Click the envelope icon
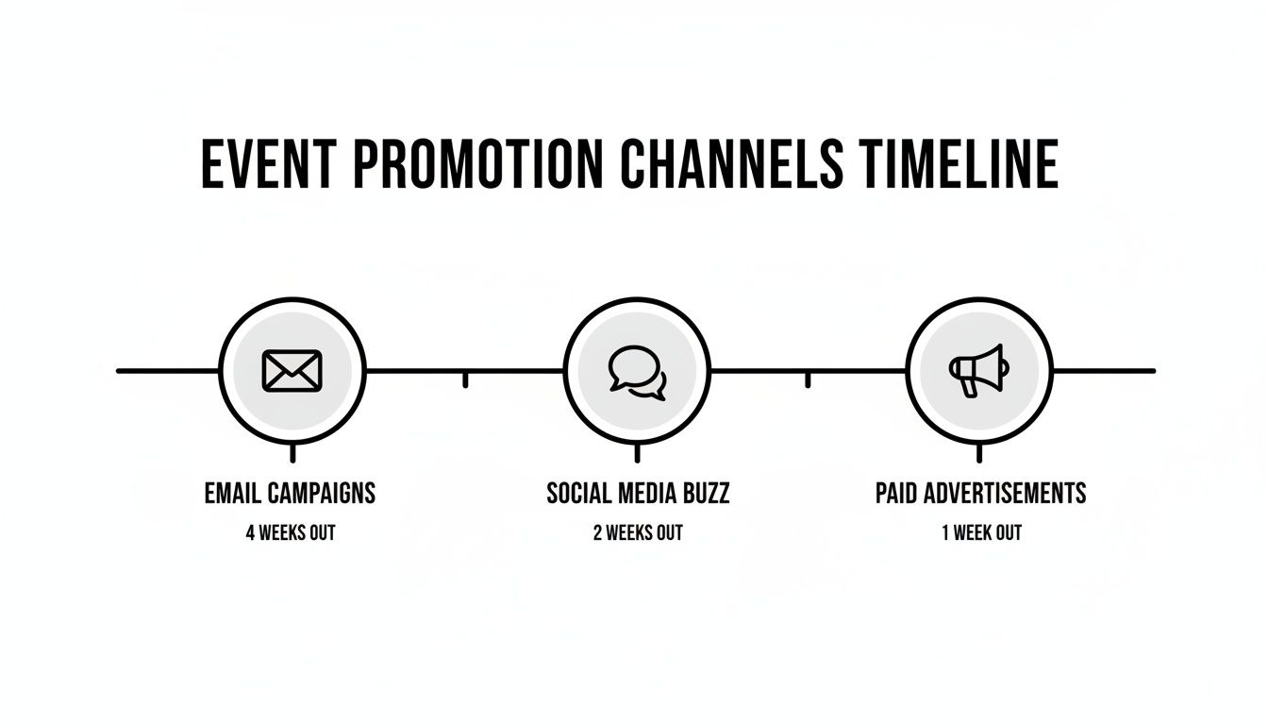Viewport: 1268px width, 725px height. coord(292,370)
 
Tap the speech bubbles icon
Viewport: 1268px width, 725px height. coord(637,370)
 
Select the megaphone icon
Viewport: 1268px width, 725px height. coord(978,370)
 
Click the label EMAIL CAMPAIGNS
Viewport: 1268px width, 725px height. coord(290,493)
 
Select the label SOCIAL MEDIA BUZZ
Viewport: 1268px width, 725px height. coord(638,493)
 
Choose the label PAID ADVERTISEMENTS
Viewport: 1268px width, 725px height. coord(980,493)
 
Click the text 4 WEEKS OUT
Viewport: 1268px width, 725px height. coord(290,533)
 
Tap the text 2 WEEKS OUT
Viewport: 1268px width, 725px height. coord(638,533)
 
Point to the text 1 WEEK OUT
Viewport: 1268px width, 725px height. coord(981,533)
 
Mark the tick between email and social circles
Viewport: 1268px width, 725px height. coord(465,379)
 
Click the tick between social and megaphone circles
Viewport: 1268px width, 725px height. coord(808,379)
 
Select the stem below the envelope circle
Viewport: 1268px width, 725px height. coord(292,454)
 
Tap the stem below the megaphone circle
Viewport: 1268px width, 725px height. coord(979,454)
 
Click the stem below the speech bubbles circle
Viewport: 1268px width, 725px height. coord(637,454)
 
